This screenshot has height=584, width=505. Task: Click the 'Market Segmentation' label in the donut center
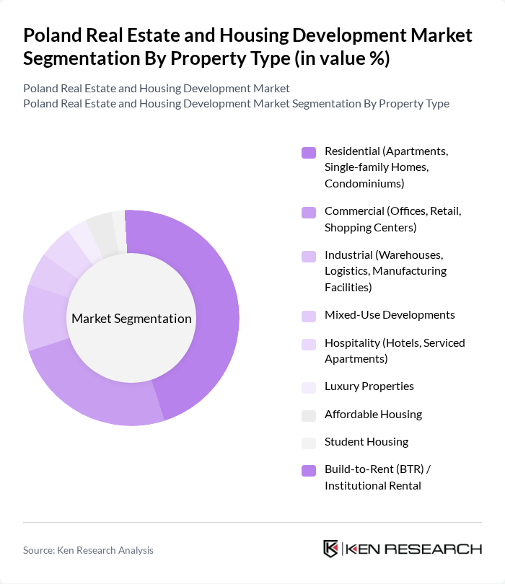point(131,319)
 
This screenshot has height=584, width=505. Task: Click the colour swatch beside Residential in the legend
point(309,152)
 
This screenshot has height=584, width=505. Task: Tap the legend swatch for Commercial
point(309,212)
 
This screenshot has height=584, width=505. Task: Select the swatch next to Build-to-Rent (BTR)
point(309,470)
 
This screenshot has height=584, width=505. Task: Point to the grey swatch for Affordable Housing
point(309,415)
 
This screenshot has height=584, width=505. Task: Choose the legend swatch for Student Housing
point(309,442)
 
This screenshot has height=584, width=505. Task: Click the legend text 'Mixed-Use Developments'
point(390,315)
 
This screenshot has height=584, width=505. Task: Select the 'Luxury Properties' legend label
point(369,386)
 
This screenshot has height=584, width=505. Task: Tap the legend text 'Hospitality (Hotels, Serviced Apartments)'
point(395,350)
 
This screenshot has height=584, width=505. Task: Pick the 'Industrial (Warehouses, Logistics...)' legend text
point(385,271)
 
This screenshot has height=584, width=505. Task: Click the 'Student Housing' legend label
point(366,442)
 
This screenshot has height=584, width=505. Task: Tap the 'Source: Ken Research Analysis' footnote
point(88,550)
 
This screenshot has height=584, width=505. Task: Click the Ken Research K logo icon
point(331,549)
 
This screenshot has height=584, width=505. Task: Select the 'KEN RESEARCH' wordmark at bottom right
point(414,549)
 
